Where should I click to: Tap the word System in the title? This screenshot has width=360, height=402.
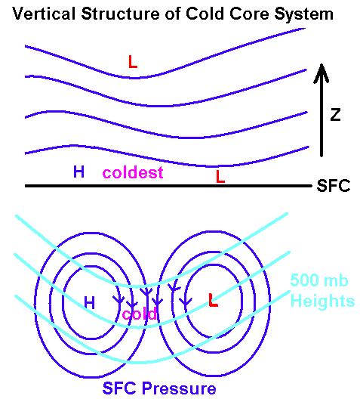click(x=303, y=14)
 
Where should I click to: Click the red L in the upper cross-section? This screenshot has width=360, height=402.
click(x=133, y=62)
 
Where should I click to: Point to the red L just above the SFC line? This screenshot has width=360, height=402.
click(x=220, y=176)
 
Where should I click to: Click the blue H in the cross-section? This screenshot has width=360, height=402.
click(x=78, y=172)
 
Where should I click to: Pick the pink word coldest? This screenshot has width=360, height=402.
click(x=133, y=172)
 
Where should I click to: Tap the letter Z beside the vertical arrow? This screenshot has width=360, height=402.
click(x=335, y=114)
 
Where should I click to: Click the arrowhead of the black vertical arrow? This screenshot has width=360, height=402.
click(x=322, y=73)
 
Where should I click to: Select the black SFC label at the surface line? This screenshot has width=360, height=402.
click(x=333, y=185)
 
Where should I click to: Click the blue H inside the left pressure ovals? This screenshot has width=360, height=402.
click(x=89, y=302)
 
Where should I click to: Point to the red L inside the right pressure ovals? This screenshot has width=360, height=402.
click(x=213, y=300)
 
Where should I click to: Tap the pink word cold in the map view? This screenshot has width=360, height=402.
click(x=140, y=314)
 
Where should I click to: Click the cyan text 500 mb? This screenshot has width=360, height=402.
click(x=319, y=280)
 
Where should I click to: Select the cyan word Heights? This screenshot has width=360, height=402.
click(x=322, y=301)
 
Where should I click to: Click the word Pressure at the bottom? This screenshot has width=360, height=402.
click(x=179, y=388)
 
